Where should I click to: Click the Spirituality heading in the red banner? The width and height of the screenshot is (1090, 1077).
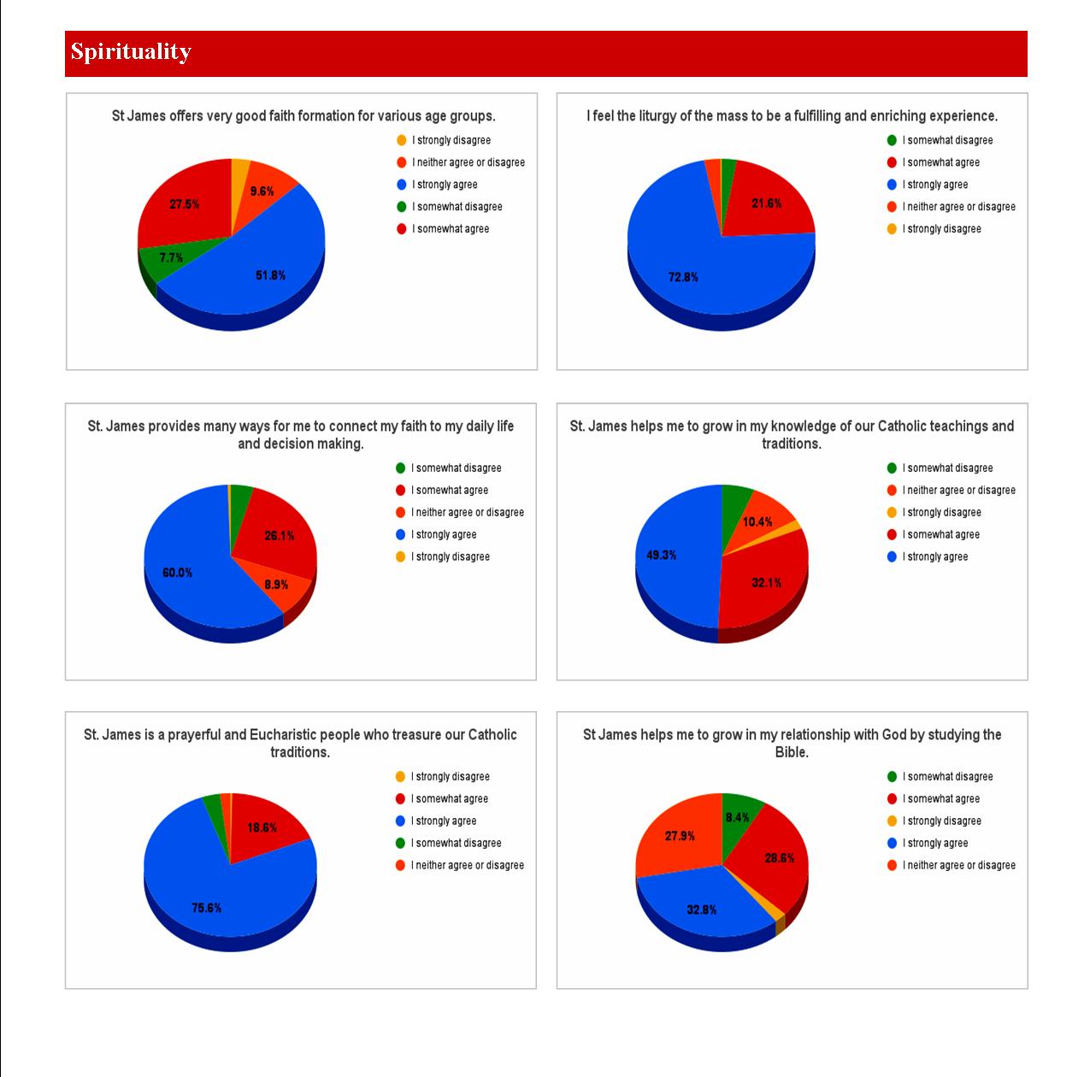click(x=131, y=51)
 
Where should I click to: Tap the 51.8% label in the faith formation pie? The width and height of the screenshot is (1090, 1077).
click(x=270, y=275)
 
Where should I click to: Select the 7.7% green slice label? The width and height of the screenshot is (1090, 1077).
click(x=171, y=257)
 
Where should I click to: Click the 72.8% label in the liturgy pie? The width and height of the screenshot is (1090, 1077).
click(x=683, y=277)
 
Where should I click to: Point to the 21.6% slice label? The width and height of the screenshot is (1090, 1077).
click(x=766, y=203)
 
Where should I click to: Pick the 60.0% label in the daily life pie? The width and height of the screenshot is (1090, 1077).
click(x=177, y=573)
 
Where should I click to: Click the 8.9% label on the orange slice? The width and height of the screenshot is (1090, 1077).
click(x=276, y=585)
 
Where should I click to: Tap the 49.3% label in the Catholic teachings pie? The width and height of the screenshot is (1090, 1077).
click(x=661, y=555)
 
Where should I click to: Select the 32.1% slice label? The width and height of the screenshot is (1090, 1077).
click(x=766, y=583)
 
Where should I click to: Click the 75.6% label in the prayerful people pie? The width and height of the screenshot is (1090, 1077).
click(x=206, y=908)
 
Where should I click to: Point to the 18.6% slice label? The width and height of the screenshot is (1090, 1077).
click(x=262, y=827)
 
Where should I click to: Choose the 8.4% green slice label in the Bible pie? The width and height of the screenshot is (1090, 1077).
click(x=737, y=817)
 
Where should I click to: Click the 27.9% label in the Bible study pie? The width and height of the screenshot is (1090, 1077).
click(x=680, y=836)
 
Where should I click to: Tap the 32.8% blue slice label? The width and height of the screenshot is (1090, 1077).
click(x=701, y=909)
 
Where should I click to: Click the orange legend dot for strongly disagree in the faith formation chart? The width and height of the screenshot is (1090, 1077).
click(x=402, y=140)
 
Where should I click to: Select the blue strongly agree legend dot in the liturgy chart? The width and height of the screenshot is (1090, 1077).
click(x=892, y=185)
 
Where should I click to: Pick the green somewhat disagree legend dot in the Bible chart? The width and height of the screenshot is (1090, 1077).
click(x=892, y=777)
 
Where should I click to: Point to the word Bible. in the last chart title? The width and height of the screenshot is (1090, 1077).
click(x=792, y=752)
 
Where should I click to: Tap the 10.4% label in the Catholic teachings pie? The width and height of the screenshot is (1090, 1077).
click(x=757, y=521)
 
